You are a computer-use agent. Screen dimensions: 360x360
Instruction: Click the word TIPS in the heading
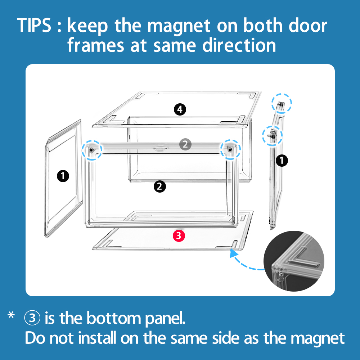34,25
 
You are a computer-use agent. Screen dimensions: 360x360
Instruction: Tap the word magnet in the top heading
179,26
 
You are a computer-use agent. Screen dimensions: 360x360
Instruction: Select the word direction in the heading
239,45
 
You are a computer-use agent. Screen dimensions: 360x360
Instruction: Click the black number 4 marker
180,109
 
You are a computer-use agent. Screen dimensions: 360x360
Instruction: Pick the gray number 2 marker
185,144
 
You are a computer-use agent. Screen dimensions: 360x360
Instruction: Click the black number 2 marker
160,186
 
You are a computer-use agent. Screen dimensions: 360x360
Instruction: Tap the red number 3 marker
179,236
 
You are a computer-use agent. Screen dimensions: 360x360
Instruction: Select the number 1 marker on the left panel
63,176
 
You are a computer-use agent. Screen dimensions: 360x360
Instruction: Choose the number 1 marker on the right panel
282,161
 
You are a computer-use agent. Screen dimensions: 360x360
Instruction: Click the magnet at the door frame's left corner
91,150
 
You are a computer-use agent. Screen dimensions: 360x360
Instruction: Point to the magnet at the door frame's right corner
230,150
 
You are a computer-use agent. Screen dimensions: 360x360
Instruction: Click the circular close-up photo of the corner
294,261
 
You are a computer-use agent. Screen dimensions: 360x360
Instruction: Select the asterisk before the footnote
11,315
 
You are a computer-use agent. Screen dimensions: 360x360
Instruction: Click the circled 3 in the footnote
32,318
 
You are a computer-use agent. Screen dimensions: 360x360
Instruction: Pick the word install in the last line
97,338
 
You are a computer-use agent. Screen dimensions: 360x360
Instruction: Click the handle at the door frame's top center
161,149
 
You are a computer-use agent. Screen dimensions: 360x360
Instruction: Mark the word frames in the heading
96,45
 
